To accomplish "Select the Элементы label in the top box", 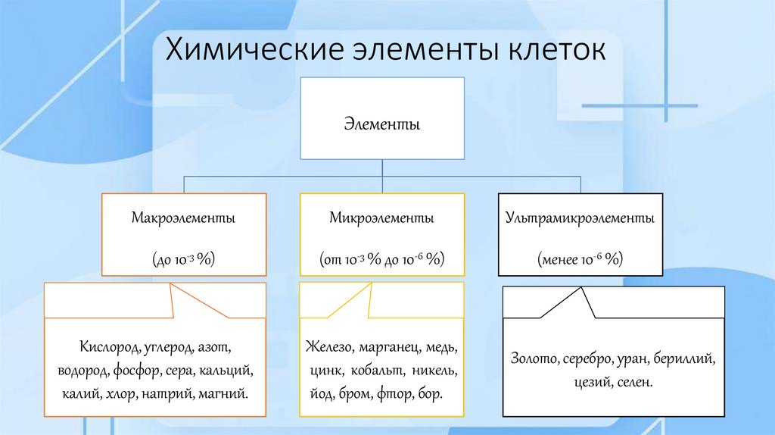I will [x=382, y=122].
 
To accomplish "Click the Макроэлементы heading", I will [x=183, y=218].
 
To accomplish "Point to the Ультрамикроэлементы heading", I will [x=580, y=218].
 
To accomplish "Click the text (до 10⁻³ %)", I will [x=183, y=259].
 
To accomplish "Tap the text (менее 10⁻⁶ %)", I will [x=580, y=259].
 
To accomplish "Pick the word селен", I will [x=631, y=383].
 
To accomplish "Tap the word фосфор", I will [x=137, y=371].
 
